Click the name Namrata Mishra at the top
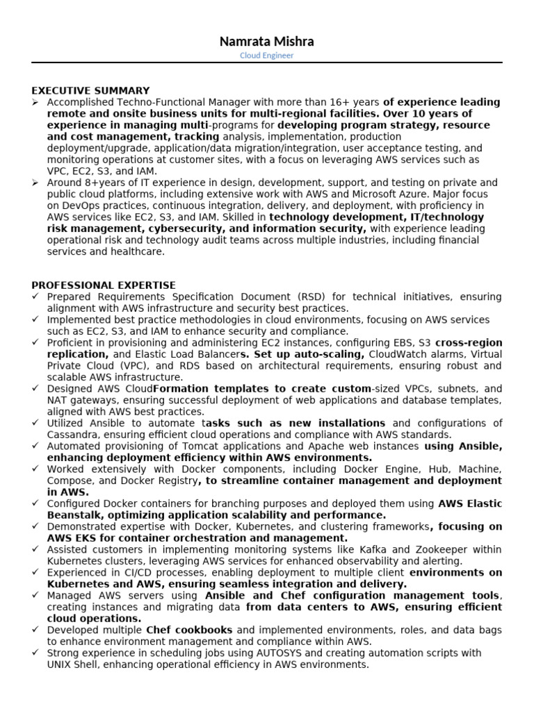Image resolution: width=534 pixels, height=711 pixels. [x=266, y=42]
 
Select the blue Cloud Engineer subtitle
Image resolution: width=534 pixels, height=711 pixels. [x=266, y=56]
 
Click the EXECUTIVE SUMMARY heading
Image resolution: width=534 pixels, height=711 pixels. [x=90, y=90]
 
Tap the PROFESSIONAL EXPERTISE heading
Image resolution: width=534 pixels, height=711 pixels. [x=104, y=285]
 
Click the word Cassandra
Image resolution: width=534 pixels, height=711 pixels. [x=70, y=435]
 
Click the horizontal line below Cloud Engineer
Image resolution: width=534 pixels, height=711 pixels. [x=266, y=63]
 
